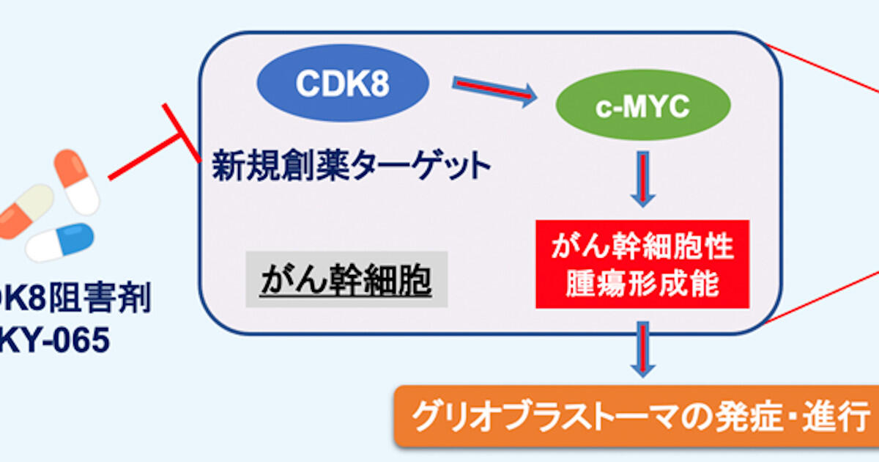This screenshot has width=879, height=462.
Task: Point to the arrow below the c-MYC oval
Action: [642, 179]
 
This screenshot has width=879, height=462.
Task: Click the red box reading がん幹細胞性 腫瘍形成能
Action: [642, 263]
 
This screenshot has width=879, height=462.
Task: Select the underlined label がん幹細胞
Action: [346, 281]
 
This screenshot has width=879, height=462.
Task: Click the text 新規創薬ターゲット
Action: [352, 166]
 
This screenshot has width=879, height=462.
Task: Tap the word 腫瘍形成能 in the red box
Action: [642, 283]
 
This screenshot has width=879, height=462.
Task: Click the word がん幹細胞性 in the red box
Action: [642, 246]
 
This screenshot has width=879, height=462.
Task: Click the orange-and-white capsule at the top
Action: [77, 180]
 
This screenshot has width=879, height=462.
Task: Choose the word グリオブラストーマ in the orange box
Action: [546, 416]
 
